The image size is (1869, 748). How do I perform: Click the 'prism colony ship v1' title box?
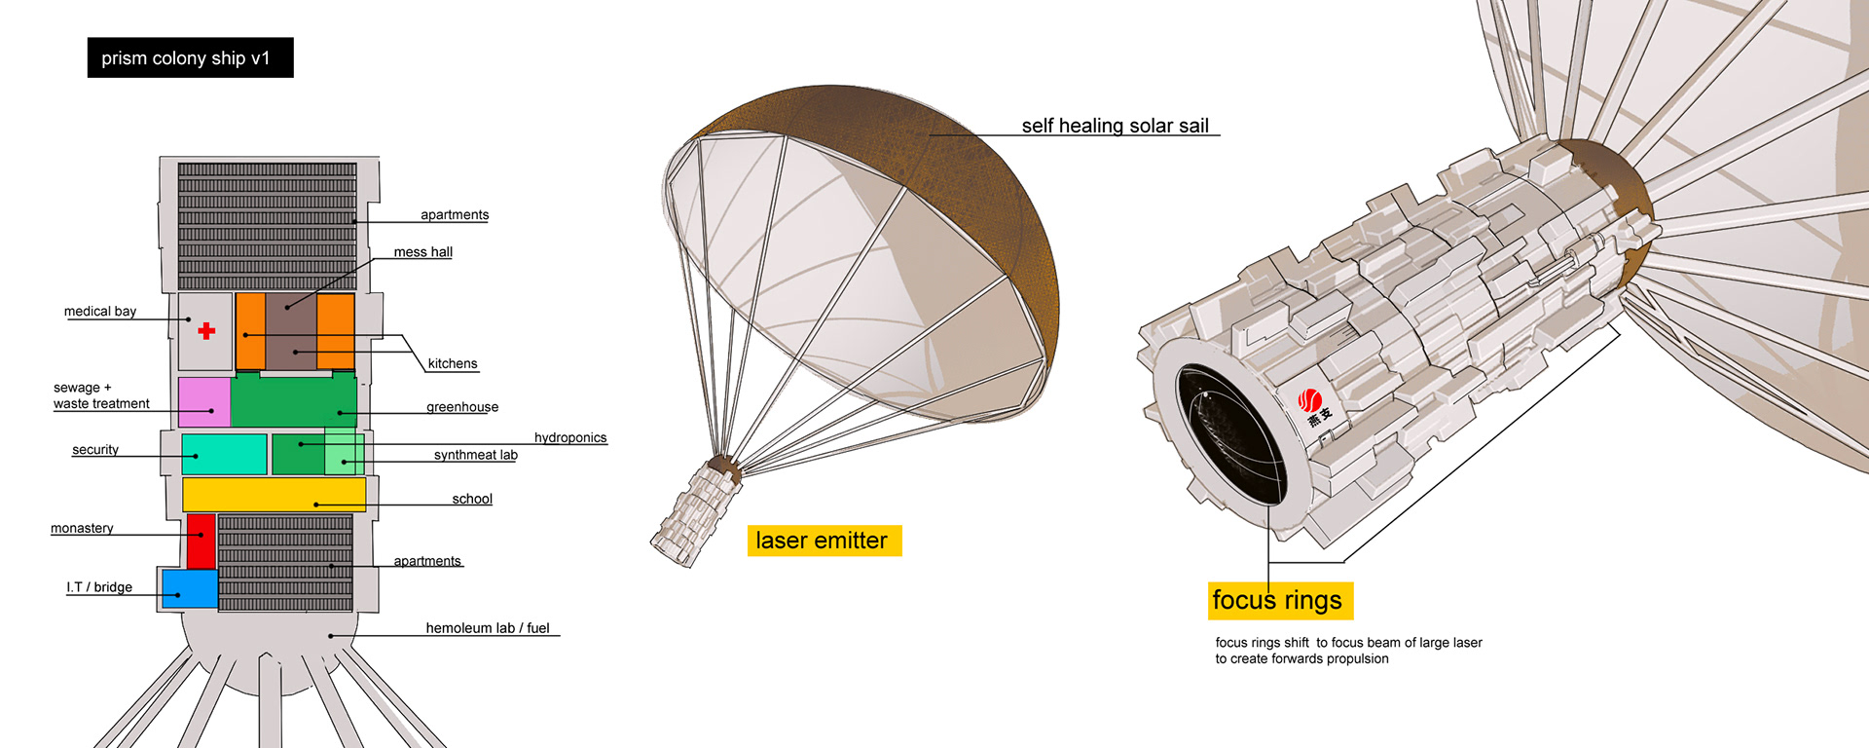click(x=190, y=57)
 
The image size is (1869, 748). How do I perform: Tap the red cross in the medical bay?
click(x=206, y=331)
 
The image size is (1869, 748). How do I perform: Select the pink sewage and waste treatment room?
click(x=203, y=401)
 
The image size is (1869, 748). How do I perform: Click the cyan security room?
click(x=224, y=455)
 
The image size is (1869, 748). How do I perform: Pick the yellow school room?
click(x=274, y=494)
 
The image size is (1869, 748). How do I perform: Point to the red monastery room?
click(x=201, y=542)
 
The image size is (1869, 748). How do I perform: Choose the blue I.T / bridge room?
click(x=190, y=588)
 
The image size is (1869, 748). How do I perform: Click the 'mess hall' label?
click(x=422, y=252)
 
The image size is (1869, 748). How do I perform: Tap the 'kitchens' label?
click(x=453, y=364)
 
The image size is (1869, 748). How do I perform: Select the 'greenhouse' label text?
click(x=462, y=407)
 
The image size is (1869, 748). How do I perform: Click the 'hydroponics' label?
click(x=570, y=438)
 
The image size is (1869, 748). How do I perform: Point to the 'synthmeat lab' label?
click(x=476, y=455)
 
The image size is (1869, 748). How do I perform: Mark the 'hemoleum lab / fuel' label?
click(x=488, y=628)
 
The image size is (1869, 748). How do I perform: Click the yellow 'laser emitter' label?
click(x=824, y=541)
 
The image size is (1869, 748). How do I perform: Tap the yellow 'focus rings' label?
click(x=1279, y=600)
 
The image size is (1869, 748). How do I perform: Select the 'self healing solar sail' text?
click(x=1116, y=126)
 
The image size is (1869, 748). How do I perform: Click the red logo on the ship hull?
click(x=1310, y=399)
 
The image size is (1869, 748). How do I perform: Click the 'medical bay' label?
click(x=100, y=312)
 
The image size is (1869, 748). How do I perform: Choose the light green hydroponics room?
click(x=344, y=451)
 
